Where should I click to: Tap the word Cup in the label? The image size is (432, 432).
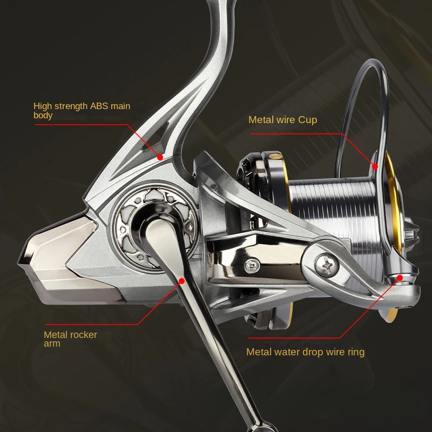point(307,119)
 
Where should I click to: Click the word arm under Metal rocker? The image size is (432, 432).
point(52,343)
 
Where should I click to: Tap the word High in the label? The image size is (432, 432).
point(42,106)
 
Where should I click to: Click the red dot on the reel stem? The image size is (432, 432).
point(160,157)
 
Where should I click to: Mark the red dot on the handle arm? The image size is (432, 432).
point(181,281)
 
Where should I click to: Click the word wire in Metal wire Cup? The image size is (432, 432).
point(285,119)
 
